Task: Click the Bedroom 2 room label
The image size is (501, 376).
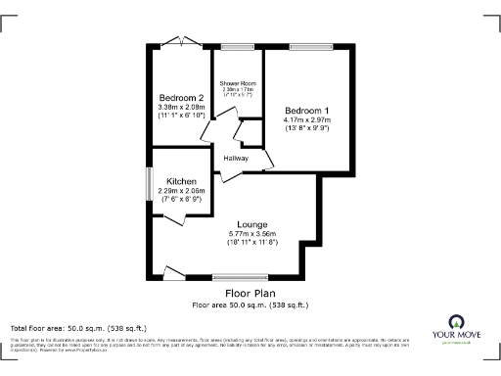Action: [182, 98]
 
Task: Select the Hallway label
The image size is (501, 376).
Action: [236, 159]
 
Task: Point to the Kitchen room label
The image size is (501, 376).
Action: [182, 182]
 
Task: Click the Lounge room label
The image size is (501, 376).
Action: [252, 224]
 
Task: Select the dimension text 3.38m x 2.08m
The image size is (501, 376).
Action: [182, 107]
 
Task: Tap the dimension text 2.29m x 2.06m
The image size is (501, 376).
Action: [182, 192]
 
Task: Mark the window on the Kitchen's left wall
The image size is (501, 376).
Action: [149, 183]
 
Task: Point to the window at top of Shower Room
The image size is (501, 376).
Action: [235, 46]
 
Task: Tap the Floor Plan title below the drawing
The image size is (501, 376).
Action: [250, 293]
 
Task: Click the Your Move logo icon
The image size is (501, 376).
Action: [455, 322]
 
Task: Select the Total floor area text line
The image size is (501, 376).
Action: [78, 327]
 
